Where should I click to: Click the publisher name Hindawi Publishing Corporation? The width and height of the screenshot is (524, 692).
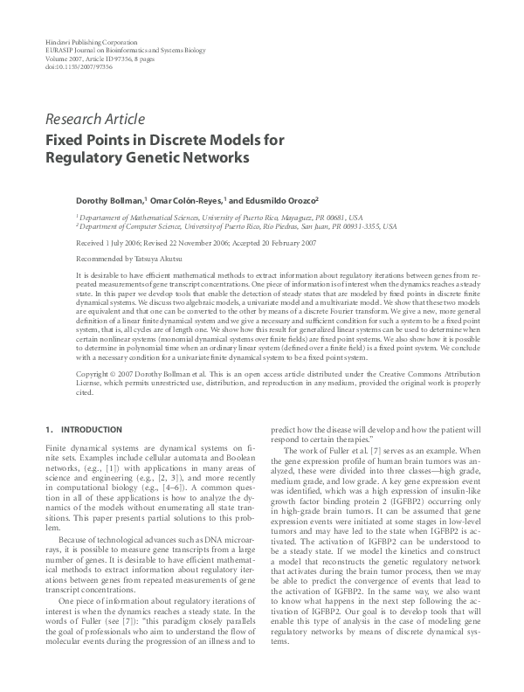(x=90, y=42)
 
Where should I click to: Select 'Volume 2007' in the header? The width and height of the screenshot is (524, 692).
(x=62, y=58)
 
